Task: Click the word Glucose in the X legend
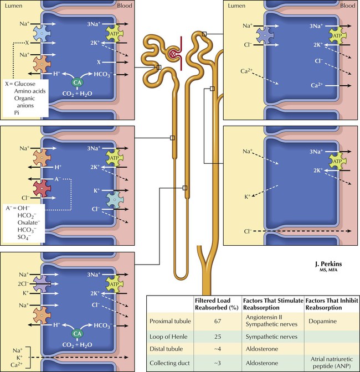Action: click(x=28, y=84)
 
